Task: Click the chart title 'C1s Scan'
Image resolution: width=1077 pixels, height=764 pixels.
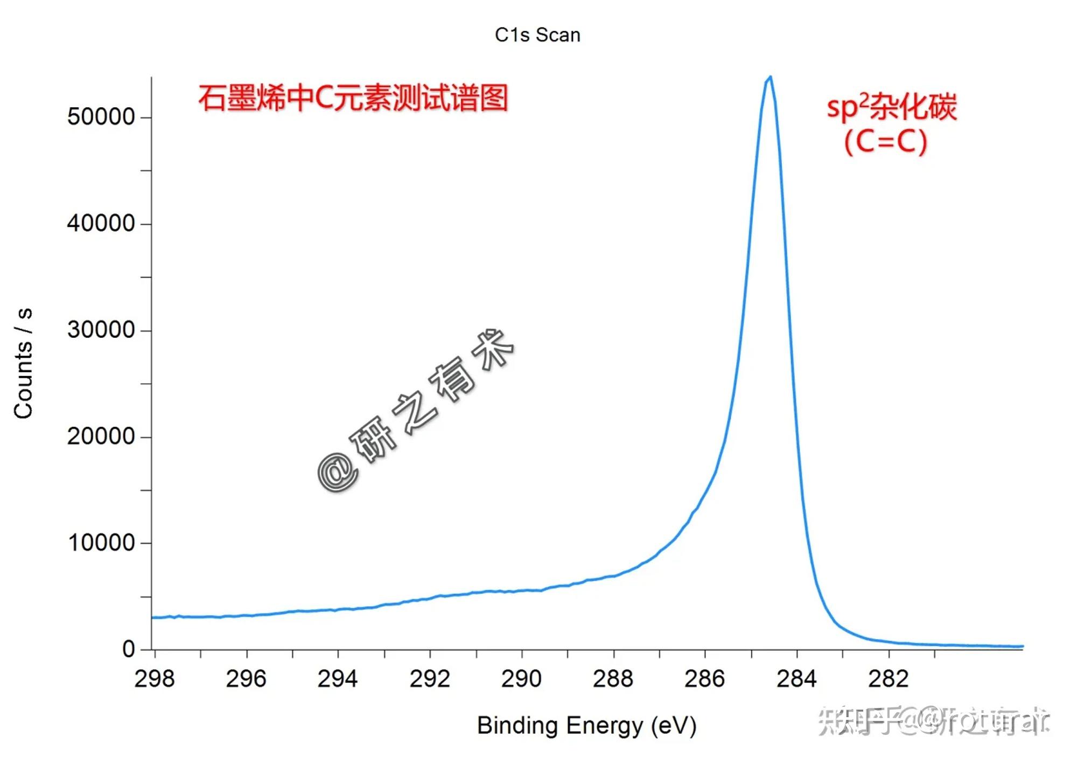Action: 537,35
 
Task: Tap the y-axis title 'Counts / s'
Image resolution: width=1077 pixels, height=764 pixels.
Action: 24,363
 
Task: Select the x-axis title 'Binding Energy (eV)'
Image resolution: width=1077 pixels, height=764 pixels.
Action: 586,725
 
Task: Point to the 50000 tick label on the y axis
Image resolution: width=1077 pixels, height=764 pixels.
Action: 101,117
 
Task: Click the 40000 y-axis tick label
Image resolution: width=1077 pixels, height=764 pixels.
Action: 101,223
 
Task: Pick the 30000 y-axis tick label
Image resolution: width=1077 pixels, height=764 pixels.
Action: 101,330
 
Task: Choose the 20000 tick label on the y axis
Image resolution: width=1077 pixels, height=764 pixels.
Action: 101,436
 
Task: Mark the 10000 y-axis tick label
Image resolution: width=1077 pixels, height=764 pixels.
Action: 101,543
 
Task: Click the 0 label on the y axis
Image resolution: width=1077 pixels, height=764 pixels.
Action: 128,649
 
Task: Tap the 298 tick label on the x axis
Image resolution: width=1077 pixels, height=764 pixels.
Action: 155,679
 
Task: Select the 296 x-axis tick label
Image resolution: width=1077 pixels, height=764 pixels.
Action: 246,679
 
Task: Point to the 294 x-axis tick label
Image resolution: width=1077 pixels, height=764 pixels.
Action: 338,679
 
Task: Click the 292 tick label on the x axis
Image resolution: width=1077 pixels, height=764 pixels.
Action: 430,679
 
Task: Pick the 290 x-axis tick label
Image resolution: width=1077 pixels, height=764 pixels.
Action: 521,679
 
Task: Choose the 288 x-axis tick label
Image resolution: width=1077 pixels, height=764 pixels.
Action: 613,679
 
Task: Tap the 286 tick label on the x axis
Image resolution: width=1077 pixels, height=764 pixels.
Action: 705,679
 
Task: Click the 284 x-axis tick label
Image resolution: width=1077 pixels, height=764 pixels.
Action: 797,679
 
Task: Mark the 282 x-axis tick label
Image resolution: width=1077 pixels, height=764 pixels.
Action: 889,679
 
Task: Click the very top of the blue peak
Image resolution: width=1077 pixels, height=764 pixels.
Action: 771,77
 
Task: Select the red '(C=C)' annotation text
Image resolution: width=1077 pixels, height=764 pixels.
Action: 886,142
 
